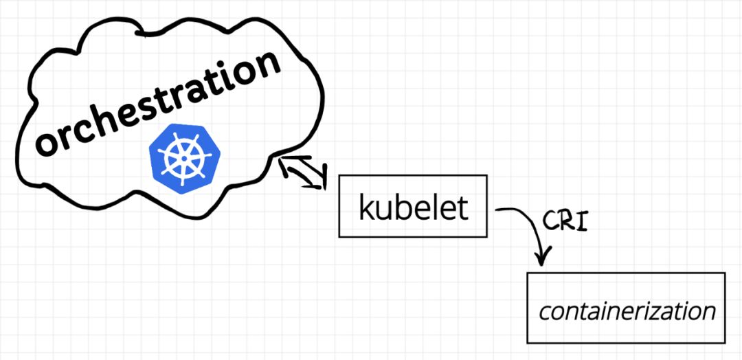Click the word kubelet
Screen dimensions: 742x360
[x=413, y=207]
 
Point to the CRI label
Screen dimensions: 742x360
[x=565, y=221]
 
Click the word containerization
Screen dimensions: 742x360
[x=627, y=311]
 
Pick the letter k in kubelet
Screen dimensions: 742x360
[x=366, y=207]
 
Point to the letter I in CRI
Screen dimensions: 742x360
[x=583, y=221]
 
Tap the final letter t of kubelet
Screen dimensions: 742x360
[x=462, y=207]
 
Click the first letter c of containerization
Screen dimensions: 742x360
[x=544, y=313]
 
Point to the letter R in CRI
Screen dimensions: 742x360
[x=566, y=221]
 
